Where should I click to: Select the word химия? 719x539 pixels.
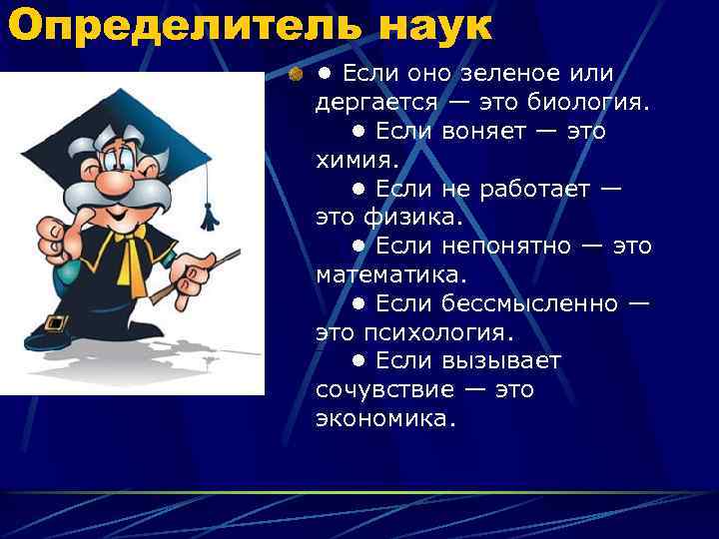point(356,160)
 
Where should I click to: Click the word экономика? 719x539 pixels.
point(385,418)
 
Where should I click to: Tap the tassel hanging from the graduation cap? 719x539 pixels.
point(209,215)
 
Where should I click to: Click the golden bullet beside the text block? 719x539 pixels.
point(295,74)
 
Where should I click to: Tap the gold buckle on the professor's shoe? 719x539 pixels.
point(55,321)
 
